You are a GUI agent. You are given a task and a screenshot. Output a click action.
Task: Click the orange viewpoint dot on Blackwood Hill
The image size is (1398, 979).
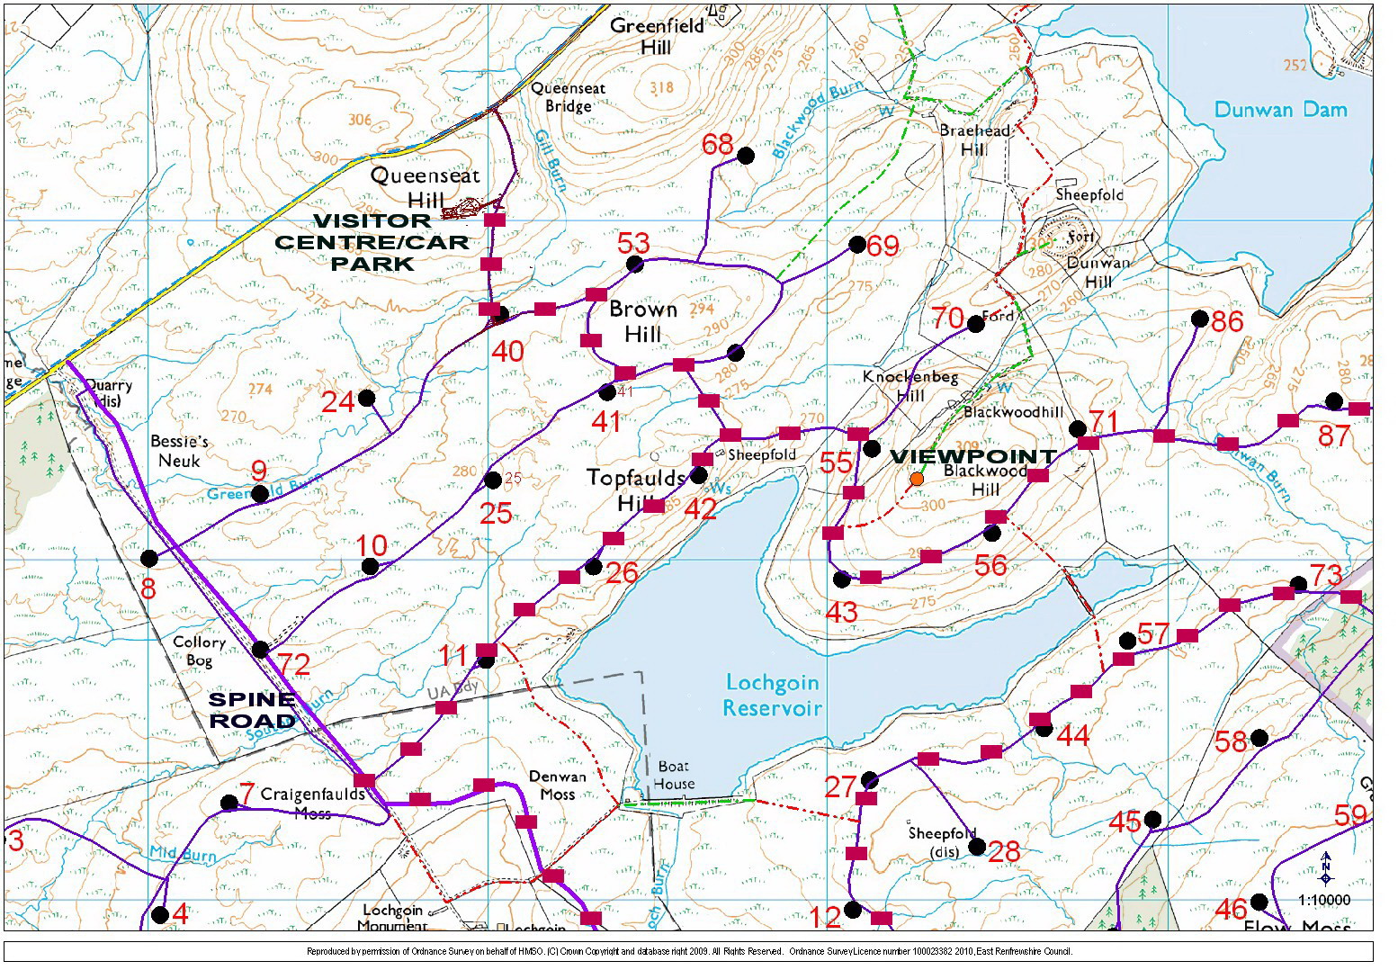point(917,479)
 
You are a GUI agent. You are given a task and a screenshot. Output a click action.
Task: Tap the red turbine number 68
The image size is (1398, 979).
point(718,144)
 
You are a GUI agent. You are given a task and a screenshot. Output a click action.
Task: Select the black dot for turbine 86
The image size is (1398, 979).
point(1199,319)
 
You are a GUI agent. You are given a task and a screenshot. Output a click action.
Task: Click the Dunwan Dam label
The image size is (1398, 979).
point(1280,110)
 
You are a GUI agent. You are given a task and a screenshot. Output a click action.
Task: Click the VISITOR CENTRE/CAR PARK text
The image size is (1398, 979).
point(372,242)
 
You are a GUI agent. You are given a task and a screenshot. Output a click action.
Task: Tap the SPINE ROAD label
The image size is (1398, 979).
point(252,710)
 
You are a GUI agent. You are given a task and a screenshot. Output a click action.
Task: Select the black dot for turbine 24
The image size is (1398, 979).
point(366,398)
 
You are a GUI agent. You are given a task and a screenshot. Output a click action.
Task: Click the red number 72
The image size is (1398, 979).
point(294,665)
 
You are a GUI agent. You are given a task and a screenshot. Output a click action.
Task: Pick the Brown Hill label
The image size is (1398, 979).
point(642,321)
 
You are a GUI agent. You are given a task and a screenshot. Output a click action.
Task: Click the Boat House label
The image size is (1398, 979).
point(674,775)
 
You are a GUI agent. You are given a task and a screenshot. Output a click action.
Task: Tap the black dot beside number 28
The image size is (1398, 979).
point(976,846)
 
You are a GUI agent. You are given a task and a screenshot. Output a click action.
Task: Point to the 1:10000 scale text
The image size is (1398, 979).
point(1323,900)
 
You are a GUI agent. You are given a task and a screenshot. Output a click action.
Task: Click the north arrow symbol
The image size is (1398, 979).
point(1325,869)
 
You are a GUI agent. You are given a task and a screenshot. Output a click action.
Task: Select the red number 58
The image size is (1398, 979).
point(1232,741)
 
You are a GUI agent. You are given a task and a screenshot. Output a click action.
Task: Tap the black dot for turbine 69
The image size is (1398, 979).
point(857,244)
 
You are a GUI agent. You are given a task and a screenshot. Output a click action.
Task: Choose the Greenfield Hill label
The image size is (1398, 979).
point(657,36)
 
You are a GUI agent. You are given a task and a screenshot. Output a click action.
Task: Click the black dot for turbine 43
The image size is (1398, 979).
point(841,579)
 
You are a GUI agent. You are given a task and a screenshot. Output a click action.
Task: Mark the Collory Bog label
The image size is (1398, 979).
point(199,651)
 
